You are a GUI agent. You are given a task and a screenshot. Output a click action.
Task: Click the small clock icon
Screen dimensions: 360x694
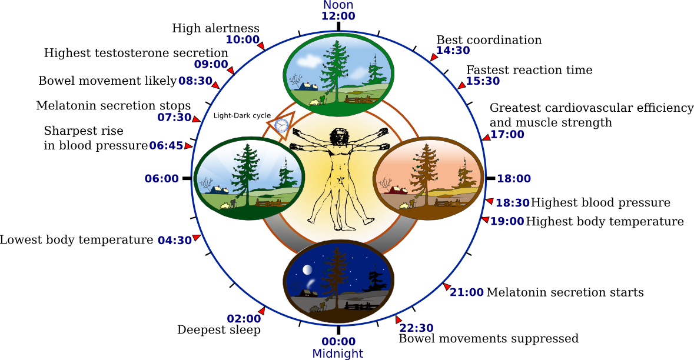coord(281,125)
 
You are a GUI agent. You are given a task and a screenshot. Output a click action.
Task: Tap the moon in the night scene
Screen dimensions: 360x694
coord(307,269)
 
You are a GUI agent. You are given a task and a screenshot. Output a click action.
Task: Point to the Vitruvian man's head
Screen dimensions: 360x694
coord(338,136)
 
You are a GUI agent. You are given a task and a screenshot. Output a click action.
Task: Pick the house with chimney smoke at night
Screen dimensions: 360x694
coord(308,292)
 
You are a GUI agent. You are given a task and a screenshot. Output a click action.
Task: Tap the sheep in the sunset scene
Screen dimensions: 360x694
coord(404,206)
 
